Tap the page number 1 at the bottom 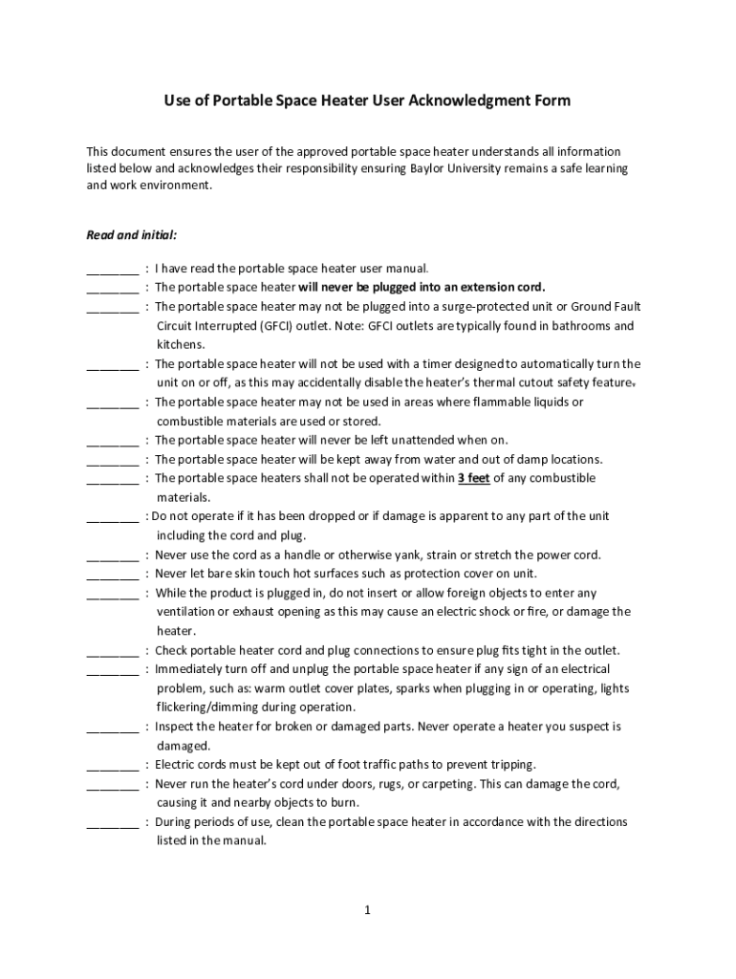pos(367,910)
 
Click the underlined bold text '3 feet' pos(474,478)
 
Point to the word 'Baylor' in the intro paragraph pos(431,168)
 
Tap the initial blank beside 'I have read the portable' pos(112,270)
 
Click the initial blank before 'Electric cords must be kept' pos(112,765)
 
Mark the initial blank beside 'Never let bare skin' pos(112,574)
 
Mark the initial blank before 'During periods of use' pos(112,822)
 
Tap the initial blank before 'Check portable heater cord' pos(112,650)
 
